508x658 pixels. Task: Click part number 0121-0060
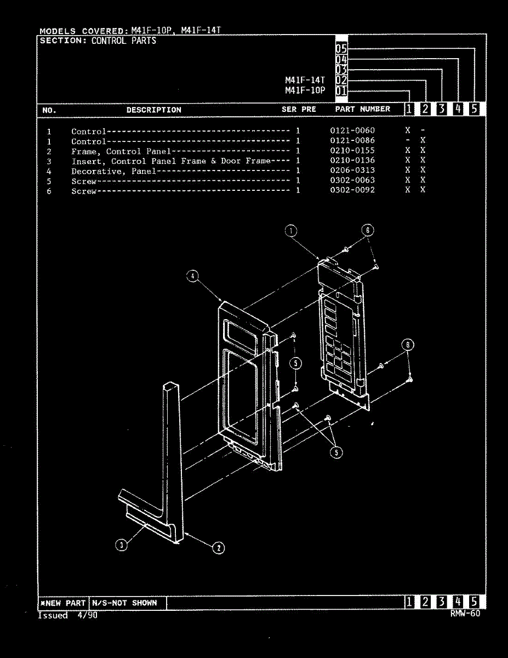tap(352, 131)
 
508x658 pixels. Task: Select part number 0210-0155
tap(352, 150)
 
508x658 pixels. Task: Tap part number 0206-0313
tap(352, 171)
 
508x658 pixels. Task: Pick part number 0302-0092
tap(352, 190)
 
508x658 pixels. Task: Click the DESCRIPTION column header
tap(153, 110)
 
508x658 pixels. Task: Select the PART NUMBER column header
tap(363, 109)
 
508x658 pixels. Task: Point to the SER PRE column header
tap(299, 109)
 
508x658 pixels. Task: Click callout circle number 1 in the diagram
tap(291, 231)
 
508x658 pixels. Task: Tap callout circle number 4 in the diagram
tap(192, 276)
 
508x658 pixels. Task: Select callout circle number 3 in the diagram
tap(122, 544)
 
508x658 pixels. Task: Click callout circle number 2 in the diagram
tap(218, 547)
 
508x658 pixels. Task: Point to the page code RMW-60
tap(465, 614)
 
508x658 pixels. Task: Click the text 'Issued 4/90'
tap(67, 615)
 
